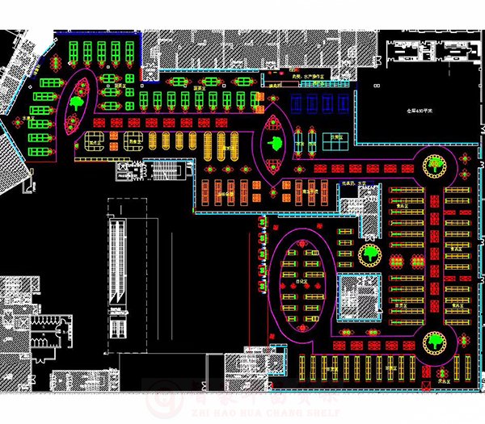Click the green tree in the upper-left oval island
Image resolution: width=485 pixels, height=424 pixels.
78,102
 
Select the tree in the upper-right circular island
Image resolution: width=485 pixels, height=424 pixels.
436,166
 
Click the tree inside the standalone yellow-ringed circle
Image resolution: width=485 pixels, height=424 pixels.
371,254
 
